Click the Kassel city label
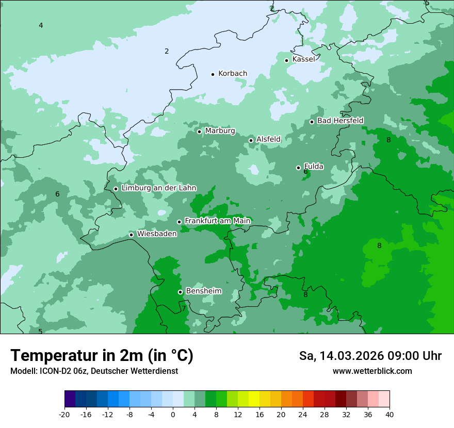tap(303, 59)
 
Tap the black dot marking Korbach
tap(213, 74)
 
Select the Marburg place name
tap(220, 131)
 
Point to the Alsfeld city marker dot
tap(251, 140)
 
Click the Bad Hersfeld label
tap(340, 121)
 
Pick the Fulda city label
tap(314, 167)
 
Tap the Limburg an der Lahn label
tap(158, 188)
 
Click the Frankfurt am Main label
tap(217, 221)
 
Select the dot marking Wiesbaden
tap(132, 235)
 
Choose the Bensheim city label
tap(203, 291)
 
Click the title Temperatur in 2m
tap(102, 355)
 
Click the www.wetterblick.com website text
tap(372, 371)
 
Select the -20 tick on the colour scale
tap(64, 415)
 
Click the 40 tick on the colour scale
tap(389, 415)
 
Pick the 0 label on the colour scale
tap(173, 415)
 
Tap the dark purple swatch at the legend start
tap(70, 399)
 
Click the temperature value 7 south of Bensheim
tap(183, 309)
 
